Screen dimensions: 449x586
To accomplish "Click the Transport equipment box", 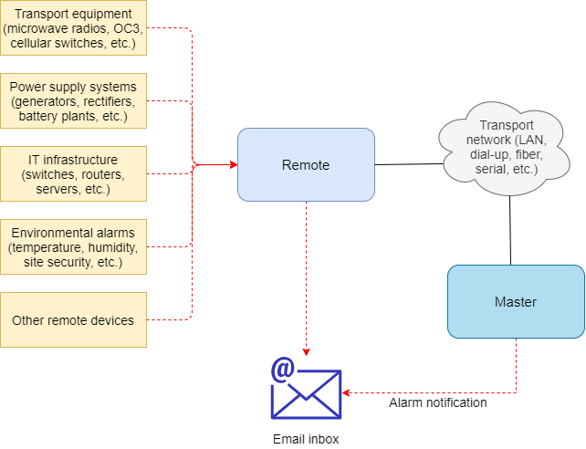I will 73,27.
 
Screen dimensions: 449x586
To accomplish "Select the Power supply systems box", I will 73,101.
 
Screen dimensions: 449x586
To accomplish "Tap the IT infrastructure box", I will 73,173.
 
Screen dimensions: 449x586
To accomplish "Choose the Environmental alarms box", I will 73,246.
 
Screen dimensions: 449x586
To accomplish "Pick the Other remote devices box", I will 73,319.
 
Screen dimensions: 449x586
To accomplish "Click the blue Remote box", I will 306,164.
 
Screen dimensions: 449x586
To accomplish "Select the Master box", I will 516,301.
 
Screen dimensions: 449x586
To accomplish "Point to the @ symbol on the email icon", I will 283,369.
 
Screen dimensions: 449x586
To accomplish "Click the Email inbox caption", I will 306,439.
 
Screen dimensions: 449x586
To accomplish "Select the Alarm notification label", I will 438,402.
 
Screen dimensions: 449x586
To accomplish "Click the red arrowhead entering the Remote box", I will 233,164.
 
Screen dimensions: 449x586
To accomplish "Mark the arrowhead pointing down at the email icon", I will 306,351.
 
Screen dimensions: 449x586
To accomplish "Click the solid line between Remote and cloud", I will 406,164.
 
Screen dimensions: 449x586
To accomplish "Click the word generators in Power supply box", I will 42,101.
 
